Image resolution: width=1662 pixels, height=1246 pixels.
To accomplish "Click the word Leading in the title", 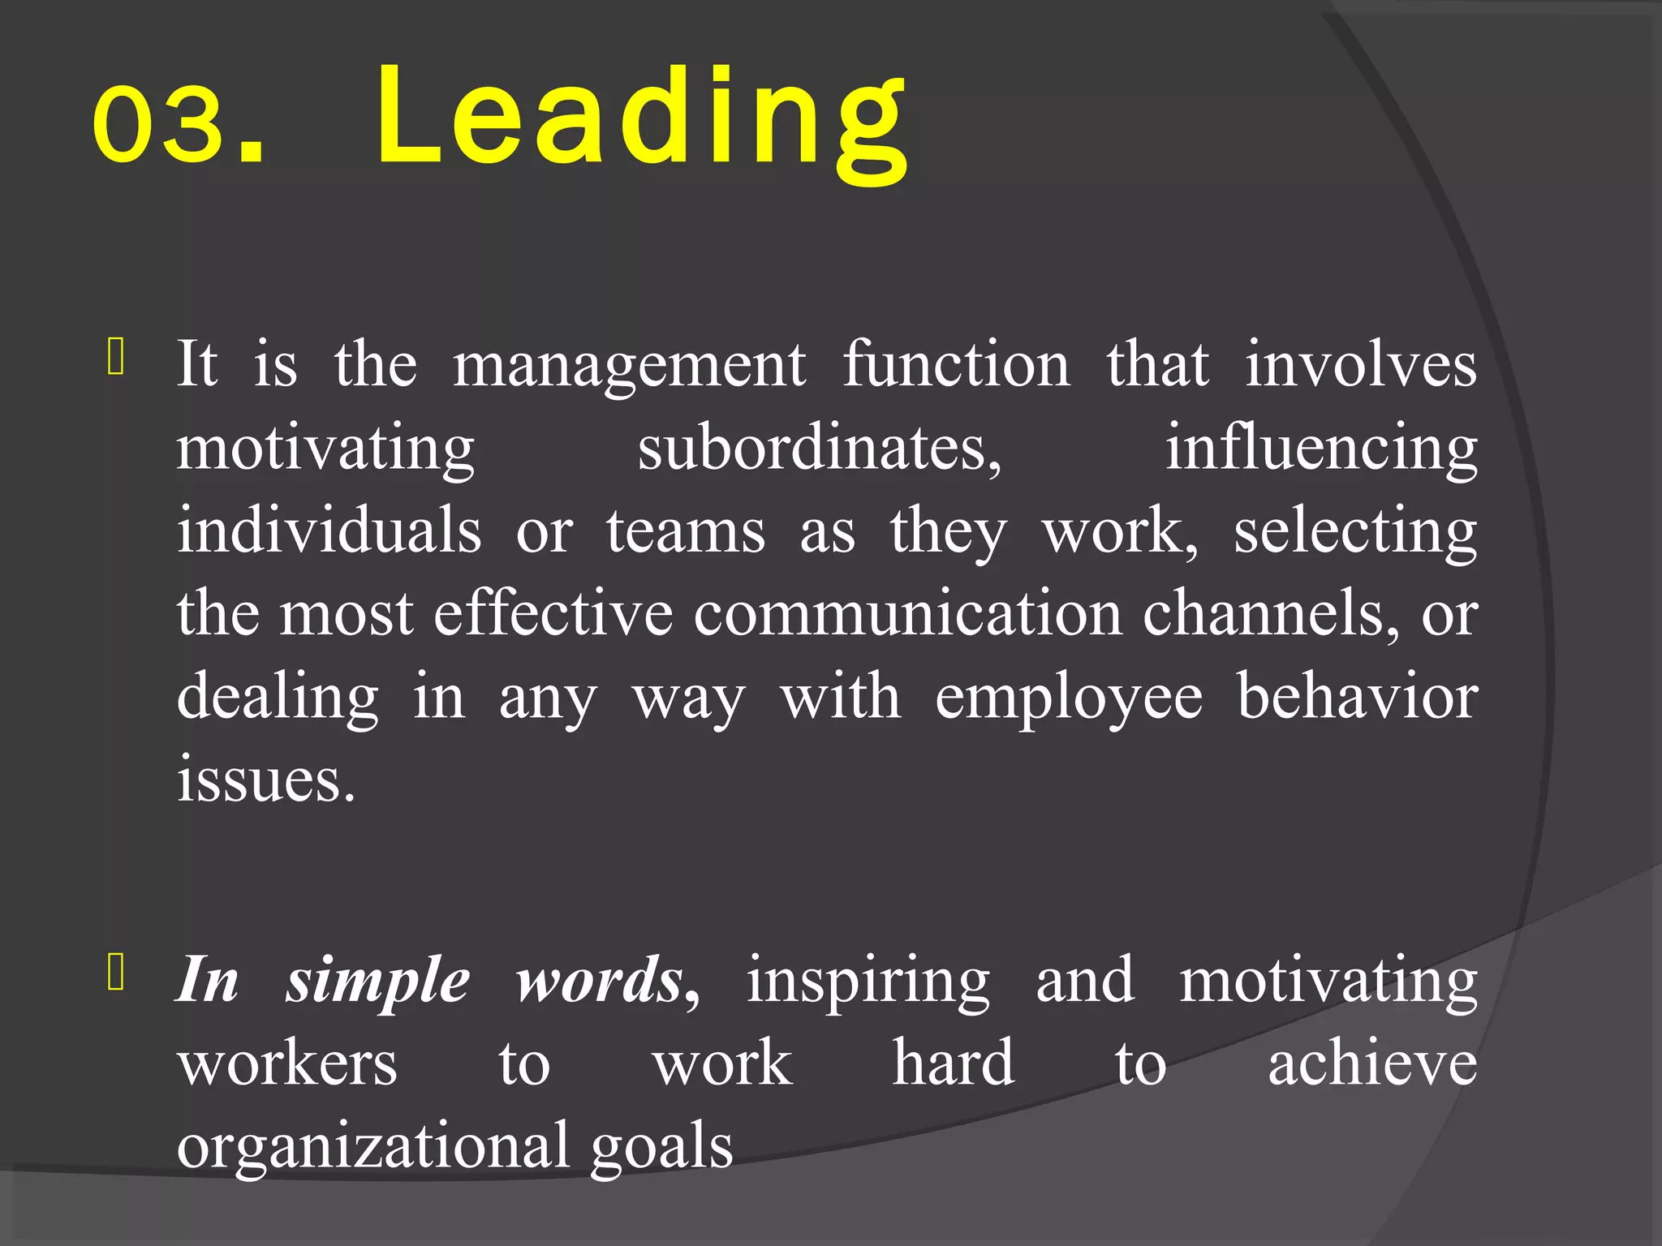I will point(641,122).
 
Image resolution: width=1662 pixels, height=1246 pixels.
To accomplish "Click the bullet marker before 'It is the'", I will point(115,358).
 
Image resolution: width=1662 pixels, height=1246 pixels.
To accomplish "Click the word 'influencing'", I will point(1321,450).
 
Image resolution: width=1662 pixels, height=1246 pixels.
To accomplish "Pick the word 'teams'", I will point(686,532).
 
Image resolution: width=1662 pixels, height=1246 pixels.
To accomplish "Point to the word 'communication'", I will point(908,613).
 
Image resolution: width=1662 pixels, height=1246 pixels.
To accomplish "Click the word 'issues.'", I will point(266,779).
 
